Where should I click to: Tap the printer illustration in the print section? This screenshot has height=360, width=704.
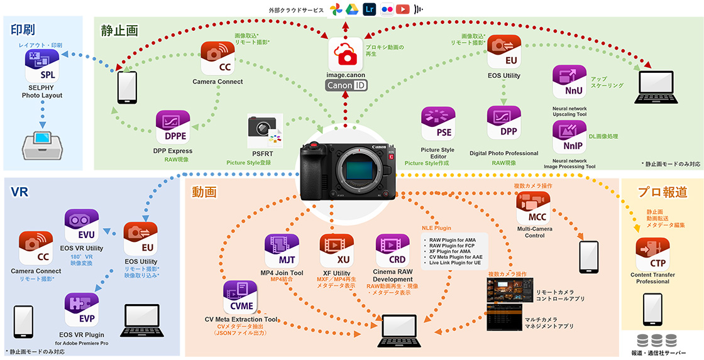pyautogui.click(x=43, y=144)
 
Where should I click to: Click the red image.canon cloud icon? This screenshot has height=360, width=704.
pyautogui.click(x=345, y=55)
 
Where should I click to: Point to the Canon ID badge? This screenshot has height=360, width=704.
pyautogui.click(x=346, y=85)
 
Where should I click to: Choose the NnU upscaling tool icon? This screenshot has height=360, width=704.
pyautogui.click(x=569, y=82)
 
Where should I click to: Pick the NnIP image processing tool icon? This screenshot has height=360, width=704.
pyautogui.click(x=569, y=137)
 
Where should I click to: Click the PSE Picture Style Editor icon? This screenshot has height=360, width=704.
pyautogui.click(x=437, y=124)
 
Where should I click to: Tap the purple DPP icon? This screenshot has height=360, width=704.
pyautogui.click(x=503, y=123)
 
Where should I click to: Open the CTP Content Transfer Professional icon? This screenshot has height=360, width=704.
pyautogui.click(x=652, y=254)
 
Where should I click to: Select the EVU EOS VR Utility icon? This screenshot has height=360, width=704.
pyautogui.click(x=82, y=226)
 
